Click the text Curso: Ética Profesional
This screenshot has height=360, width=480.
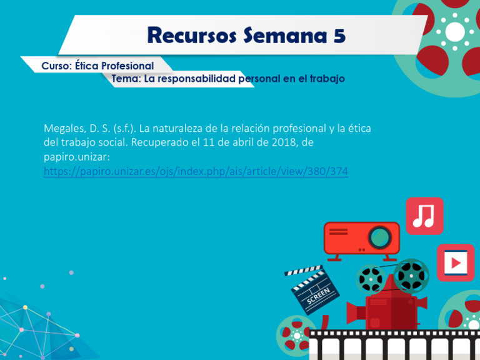tap(97, 66)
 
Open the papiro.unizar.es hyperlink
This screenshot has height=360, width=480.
tap(196, 171)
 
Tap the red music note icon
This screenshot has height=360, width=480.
tap(424, 216)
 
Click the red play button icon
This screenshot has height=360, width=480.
tap(456, 262)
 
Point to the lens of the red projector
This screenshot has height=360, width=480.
tap(379, 236)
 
